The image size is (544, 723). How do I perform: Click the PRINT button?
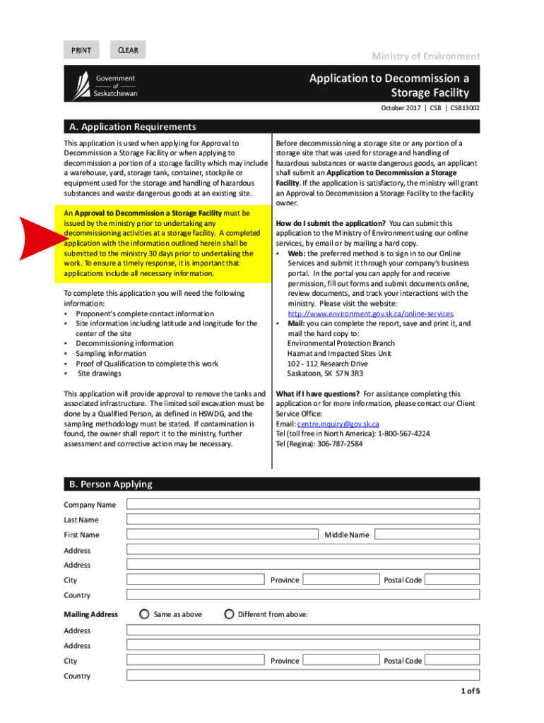81,50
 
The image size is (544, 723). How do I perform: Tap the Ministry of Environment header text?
425,56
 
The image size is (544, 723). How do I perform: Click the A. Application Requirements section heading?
131,127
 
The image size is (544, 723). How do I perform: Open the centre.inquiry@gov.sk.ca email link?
338,424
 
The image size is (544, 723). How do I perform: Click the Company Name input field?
303,504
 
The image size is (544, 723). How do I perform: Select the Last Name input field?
303,519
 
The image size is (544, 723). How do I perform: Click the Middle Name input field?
426,534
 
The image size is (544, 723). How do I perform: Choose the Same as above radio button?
144,614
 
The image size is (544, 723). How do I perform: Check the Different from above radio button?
229,614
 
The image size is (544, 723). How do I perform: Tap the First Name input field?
223,534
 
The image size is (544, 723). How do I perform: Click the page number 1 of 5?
468,691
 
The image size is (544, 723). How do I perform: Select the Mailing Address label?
91,614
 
